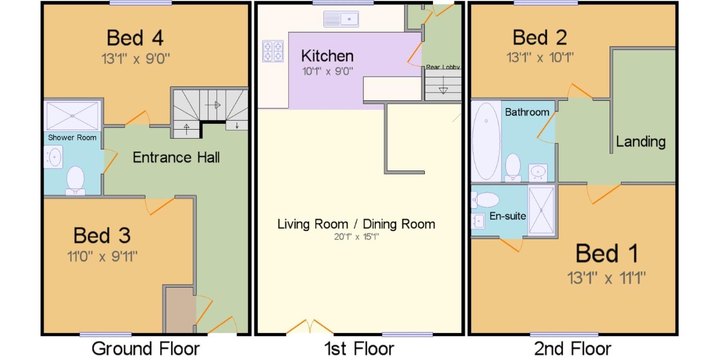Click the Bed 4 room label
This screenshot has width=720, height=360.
coord(135,38)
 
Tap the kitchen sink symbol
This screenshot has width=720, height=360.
coord(341,19)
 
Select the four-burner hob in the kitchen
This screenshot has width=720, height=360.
coord(273,51)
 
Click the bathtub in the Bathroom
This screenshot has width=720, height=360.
coord(486,141)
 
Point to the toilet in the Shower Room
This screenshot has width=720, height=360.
coord(75,180)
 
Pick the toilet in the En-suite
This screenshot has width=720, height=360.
coord(485,200)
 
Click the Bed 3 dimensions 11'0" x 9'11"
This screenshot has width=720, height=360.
coord(102,256)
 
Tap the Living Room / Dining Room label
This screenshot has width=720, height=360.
coord(356,224)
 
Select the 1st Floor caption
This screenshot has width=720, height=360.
coord(359,348)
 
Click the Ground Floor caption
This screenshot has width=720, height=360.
coord(145,348)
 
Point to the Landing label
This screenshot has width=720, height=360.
coord(641,142)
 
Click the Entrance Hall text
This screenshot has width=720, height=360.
coord(176,157)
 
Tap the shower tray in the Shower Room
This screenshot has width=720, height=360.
coord(72,116)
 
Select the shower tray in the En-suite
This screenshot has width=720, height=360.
coord(541,210)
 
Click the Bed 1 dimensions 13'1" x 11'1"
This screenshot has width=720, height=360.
coord(606,278)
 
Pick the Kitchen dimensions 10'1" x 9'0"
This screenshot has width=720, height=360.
coord(327,71)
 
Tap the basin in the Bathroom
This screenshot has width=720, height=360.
coord(538,173)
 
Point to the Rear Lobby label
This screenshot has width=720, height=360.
coord(443,67)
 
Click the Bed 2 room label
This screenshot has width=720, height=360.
coord(540,37)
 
